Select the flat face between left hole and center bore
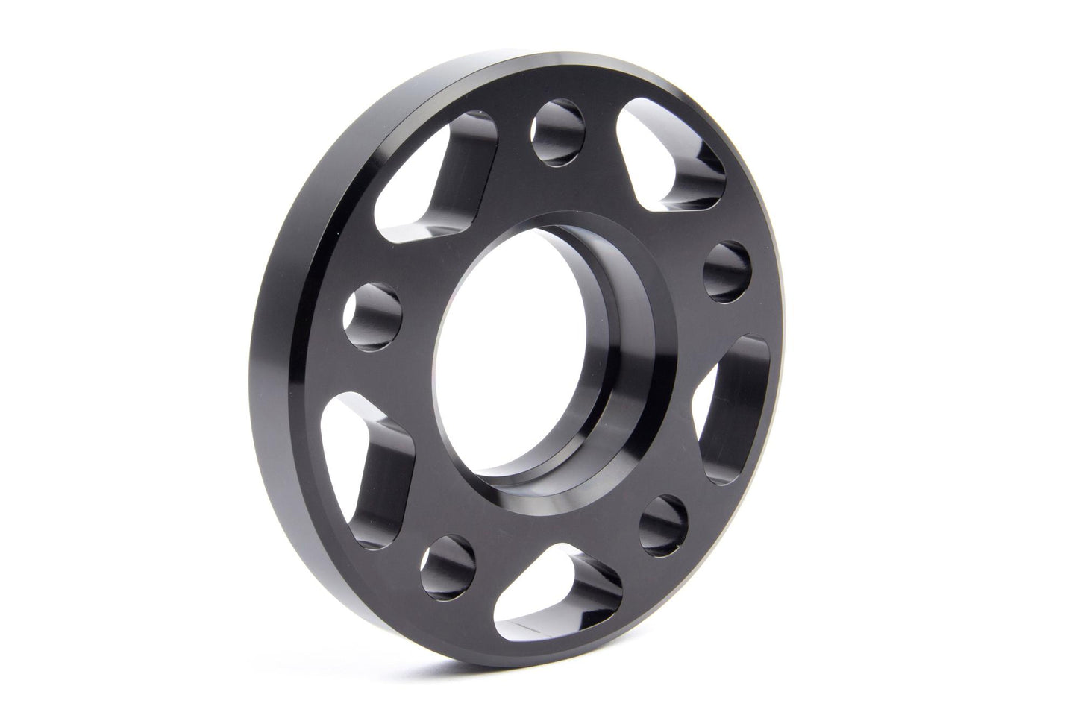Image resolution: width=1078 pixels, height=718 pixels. coord(418,328)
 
